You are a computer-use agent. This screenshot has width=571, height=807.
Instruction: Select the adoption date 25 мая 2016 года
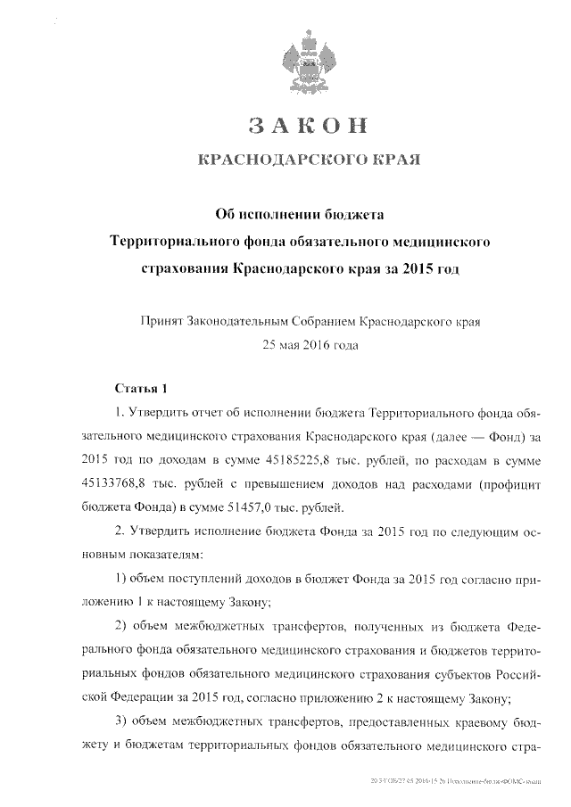(306, 342)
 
